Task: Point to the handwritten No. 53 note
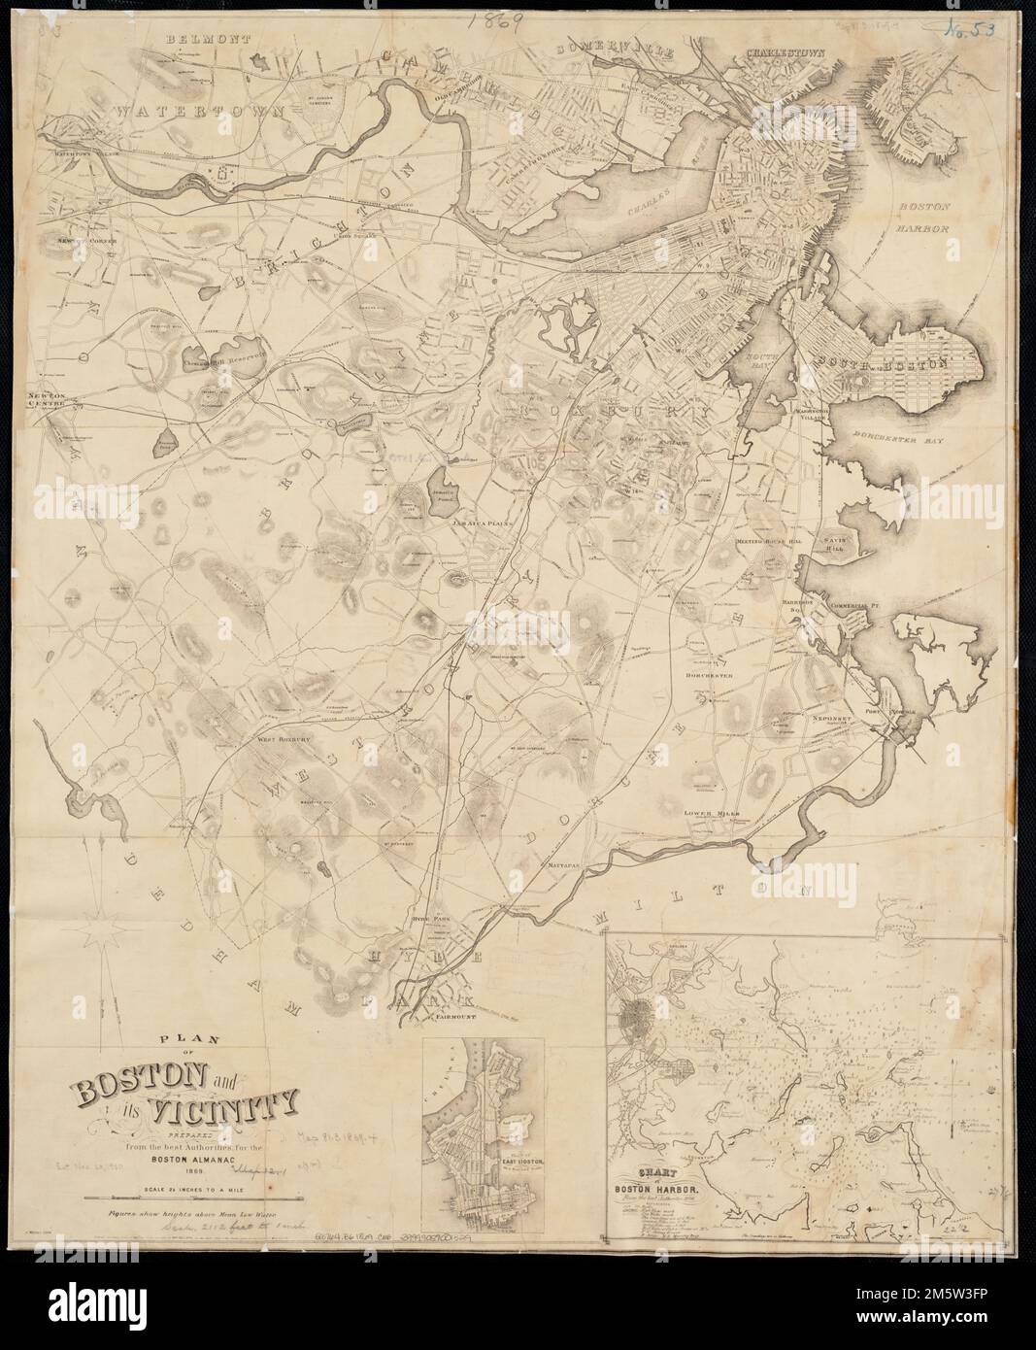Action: (x=976, y=28)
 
